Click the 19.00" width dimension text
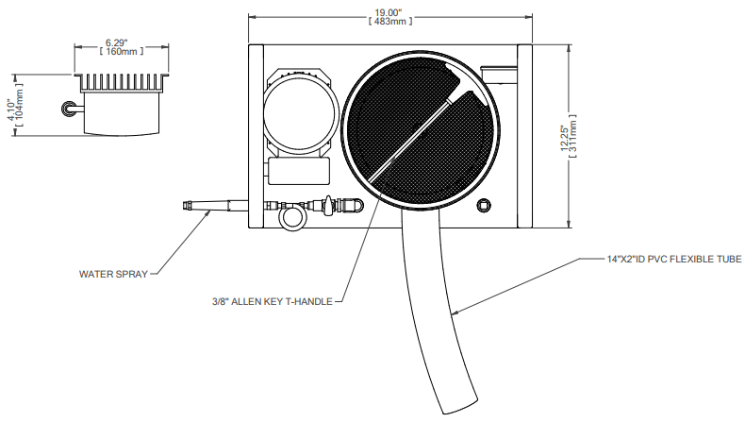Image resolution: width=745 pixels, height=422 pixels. [x=389, y=11]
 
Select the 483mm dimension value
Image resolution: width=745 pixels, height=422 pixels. [x=389, y=21]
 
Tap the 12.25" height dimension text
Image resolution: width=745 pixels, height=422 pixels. [x=564, y=138]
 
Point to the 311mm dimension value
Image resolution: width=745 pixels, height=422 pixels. [x=573, y=138]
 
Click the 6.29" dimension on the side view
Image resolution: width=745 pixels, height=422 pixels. [x=116, y=42]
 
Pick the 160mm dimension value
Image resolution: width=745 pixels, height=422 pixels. [x=116, y=52]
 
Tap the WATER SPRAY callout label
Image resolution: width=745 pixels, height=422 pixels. [x=113, y=275]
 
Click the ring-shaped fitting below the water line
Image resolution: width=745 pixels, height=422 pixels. [x=291, y=218]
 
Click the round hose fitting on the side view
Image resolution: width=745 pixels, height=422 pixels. [x=67, y=110]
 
